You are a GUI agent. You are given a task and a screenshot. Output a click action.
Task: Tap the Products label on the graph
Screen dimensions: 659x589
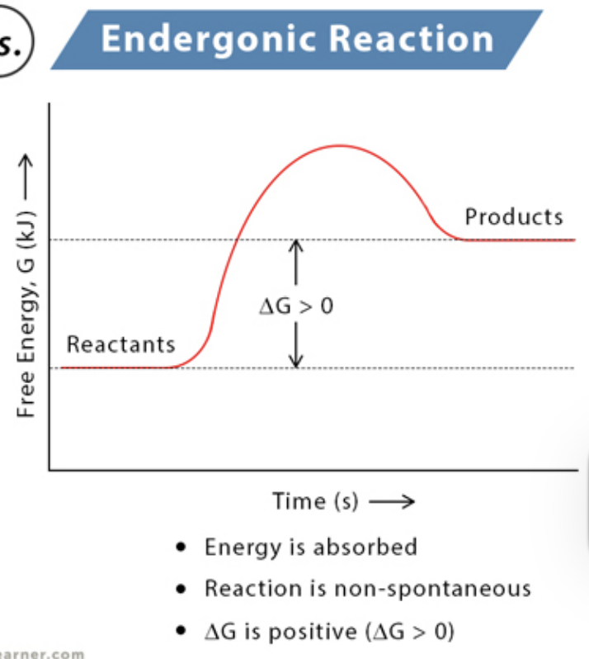coord(514,217)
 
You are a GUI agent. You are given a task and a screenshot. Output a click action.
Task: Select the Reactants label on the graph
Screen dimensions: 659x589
coord(120,344)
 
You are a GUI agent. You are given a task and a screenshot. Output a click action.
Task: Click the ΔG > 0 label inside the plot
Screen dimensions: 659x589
coord(296,306)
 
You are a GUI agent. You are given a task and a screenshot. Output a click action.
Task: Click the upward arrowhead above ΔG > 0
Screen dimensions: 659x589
coord(297,244)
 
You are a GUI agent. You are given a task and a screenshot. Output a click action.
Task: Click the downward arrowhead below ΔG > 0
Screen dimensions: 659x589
coord(297,362)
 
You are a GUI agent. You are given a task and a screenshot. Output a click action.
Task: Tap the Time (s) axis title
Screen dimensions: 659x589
coord(315,501)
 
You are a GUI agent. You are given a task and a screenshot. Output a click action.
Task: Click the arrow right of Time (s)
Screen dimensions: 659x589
coord(391,502)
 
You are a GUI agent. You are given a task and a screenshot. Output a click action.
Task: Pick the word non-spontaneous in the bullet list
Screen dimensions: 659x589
coord(441,589)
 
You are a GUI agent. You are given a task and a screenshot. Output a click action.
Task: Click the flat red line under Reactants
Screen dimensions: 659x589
coord(115,367)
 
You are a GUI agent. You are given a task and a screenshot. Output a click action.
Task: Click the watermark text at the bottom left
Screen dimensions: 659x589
coord(41,653)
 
